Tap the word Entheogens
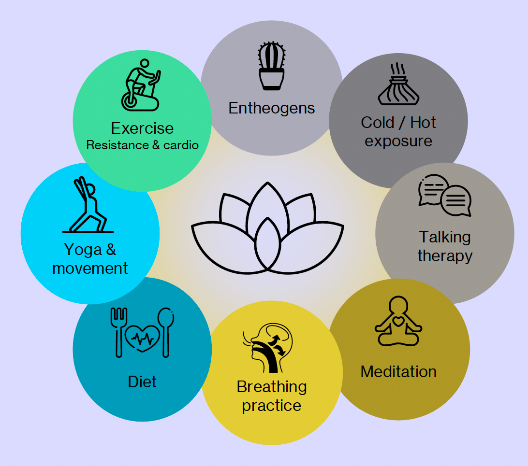(x=271, y=108)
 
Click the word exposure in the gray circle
(x=398, y=141)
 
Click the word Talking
(x=444, y=237)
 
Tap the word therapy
(x=444, y=255)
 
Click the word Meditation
(x=398, y=371)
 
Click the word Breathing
(x=271, y=387)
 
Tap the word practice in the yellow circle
(x=271, y=406)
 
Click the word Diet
(x=142, y=381)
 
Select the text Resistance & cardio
(x=142, y=145)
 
